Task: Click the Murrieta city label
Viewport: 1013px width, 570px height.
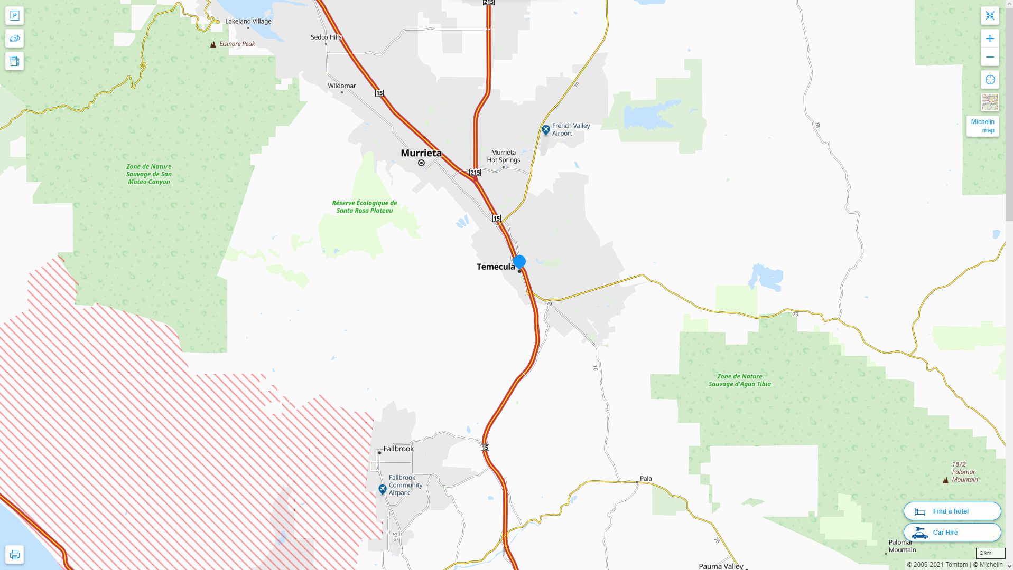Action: (x=421, y=153)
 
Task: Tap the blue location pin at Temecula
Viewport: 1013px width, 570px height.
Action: (x=519, y=261)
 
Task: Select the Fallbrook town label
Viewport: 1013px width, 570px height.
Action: (x=398, y=449)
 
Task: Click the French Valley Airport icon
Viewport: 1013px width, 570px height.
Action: (x=546, y=129)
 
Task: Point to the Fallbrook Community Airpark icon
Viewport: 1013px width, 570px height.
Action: (x=383, y=490)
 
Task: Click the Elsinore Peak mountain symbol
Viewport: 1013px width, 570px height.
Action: (x=213, y=44)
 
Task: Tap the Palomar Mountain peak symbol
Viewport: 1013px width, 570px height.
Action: (x=945, y=480)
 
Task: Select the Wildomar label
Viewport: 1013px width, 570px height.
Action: (x=341, y=85)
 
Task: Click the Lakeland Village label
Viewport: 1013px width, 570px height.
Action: (x=248, y=21)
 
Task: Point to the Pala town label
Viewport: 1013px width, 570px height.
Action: (x=646, y=479)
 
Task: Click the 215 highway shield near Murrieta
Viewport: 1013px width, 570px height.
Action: (x=475, y=173)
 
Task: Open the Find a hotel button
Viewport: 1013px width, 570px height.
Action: (x=952, y=511)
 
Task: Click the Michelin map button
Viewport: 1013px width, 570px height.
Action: (x=982, y=126)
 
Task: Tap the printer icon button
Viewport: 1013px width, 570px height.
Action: (x=15, y=555)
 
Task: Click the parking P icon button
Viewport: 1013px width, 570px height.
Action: (x=15, y=16)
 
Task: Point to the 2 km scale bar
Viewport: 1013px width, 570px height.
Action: (x=990, y=554)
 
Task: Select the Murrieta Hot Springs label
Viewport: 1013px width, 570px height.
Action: (x=503, y=156)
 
